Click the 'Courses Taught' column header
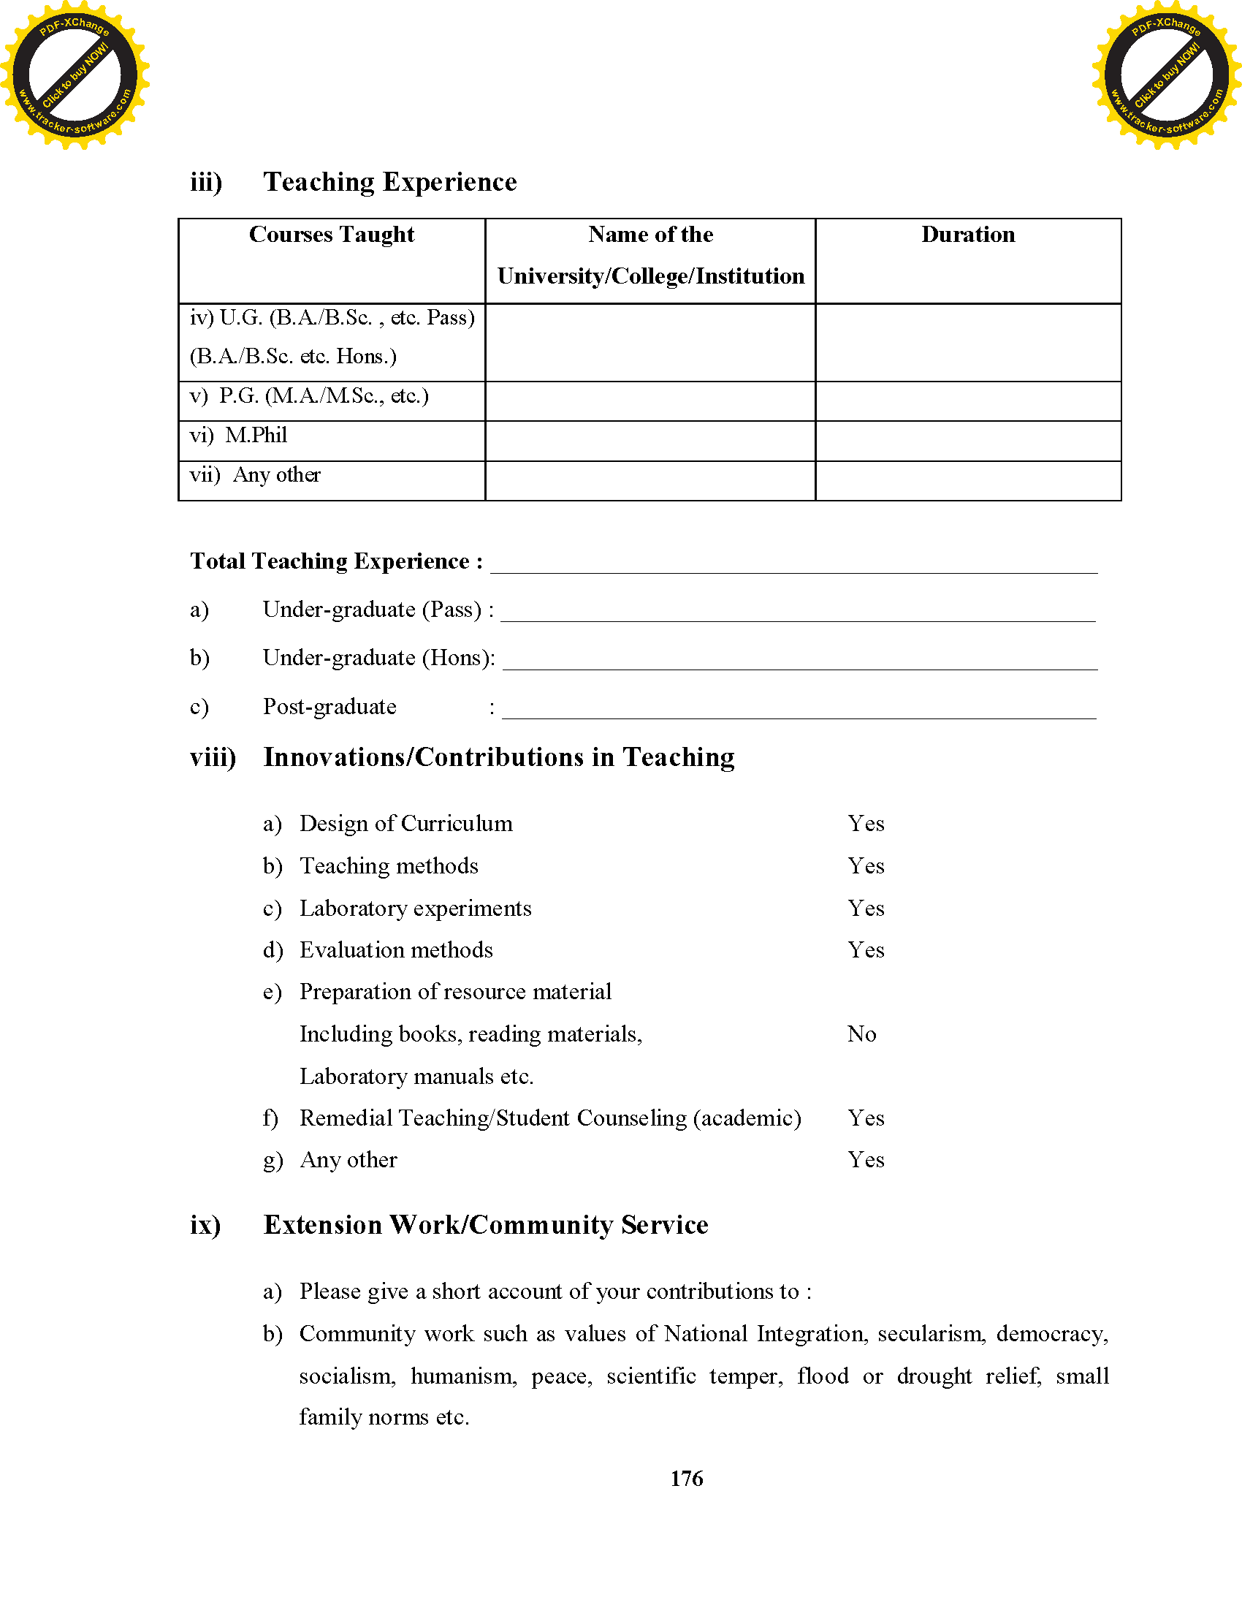pyautogui.click(x=331, y=235)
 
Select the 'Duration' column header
pyautogui.click(x=967, y=235)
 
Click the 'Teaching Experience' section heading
pyautogui.click(x=390, y=182)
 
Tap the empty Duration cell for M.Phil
pyautogui.click(x=967, y=441)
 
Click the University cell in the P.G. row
pyautogui.click(x=649, y=401)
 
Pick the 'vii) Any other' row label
pyautogui.click(x=255, y=475)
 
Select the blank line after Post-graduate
pyautogui.click(x=799, y=710)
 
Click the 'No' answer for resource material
pyautogui.click(x=861, y=1034)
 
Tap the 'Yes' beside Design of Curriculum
pyautogui.click(x=865, y=824)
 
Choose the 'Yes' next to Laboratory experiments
pyautogui.click(x=865, y=909)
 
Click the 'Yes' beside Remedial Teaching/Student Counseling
pyautogui.click(x=865, y=1118)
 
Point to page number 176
pyautogui.click(x=686, y=1479)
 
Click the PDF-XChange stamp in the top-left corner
pyautogui.click(x=75, y=75)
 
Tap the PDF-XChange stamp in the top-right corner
pyautogui.click(x=1166, y=75)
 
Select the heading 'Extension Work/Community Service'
pyautogui.click(x=486, y=1225)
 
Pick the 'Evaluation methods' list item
pyautogui.click(x=396, y=950)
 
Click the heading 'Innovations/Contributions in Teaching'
pyautogui.click(x=499, y=758)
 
